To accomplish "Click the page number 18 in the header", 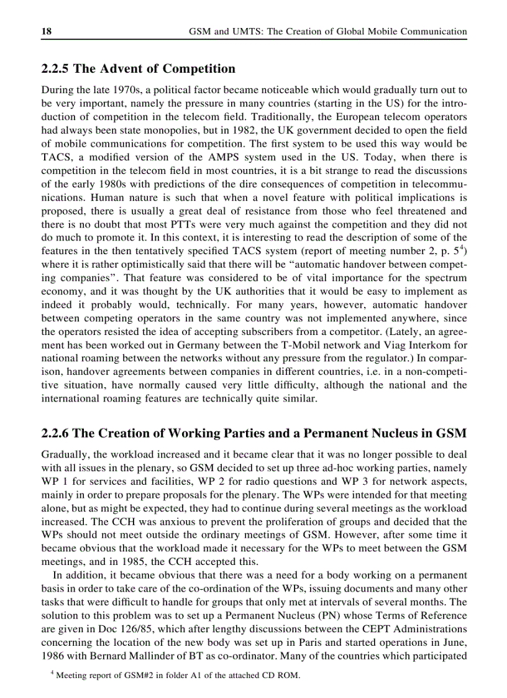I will [x=46, y=31].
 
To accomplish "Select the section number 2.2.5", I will [x=58, y=69].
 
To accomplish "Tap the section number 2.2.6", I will [x=58, y=433].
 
